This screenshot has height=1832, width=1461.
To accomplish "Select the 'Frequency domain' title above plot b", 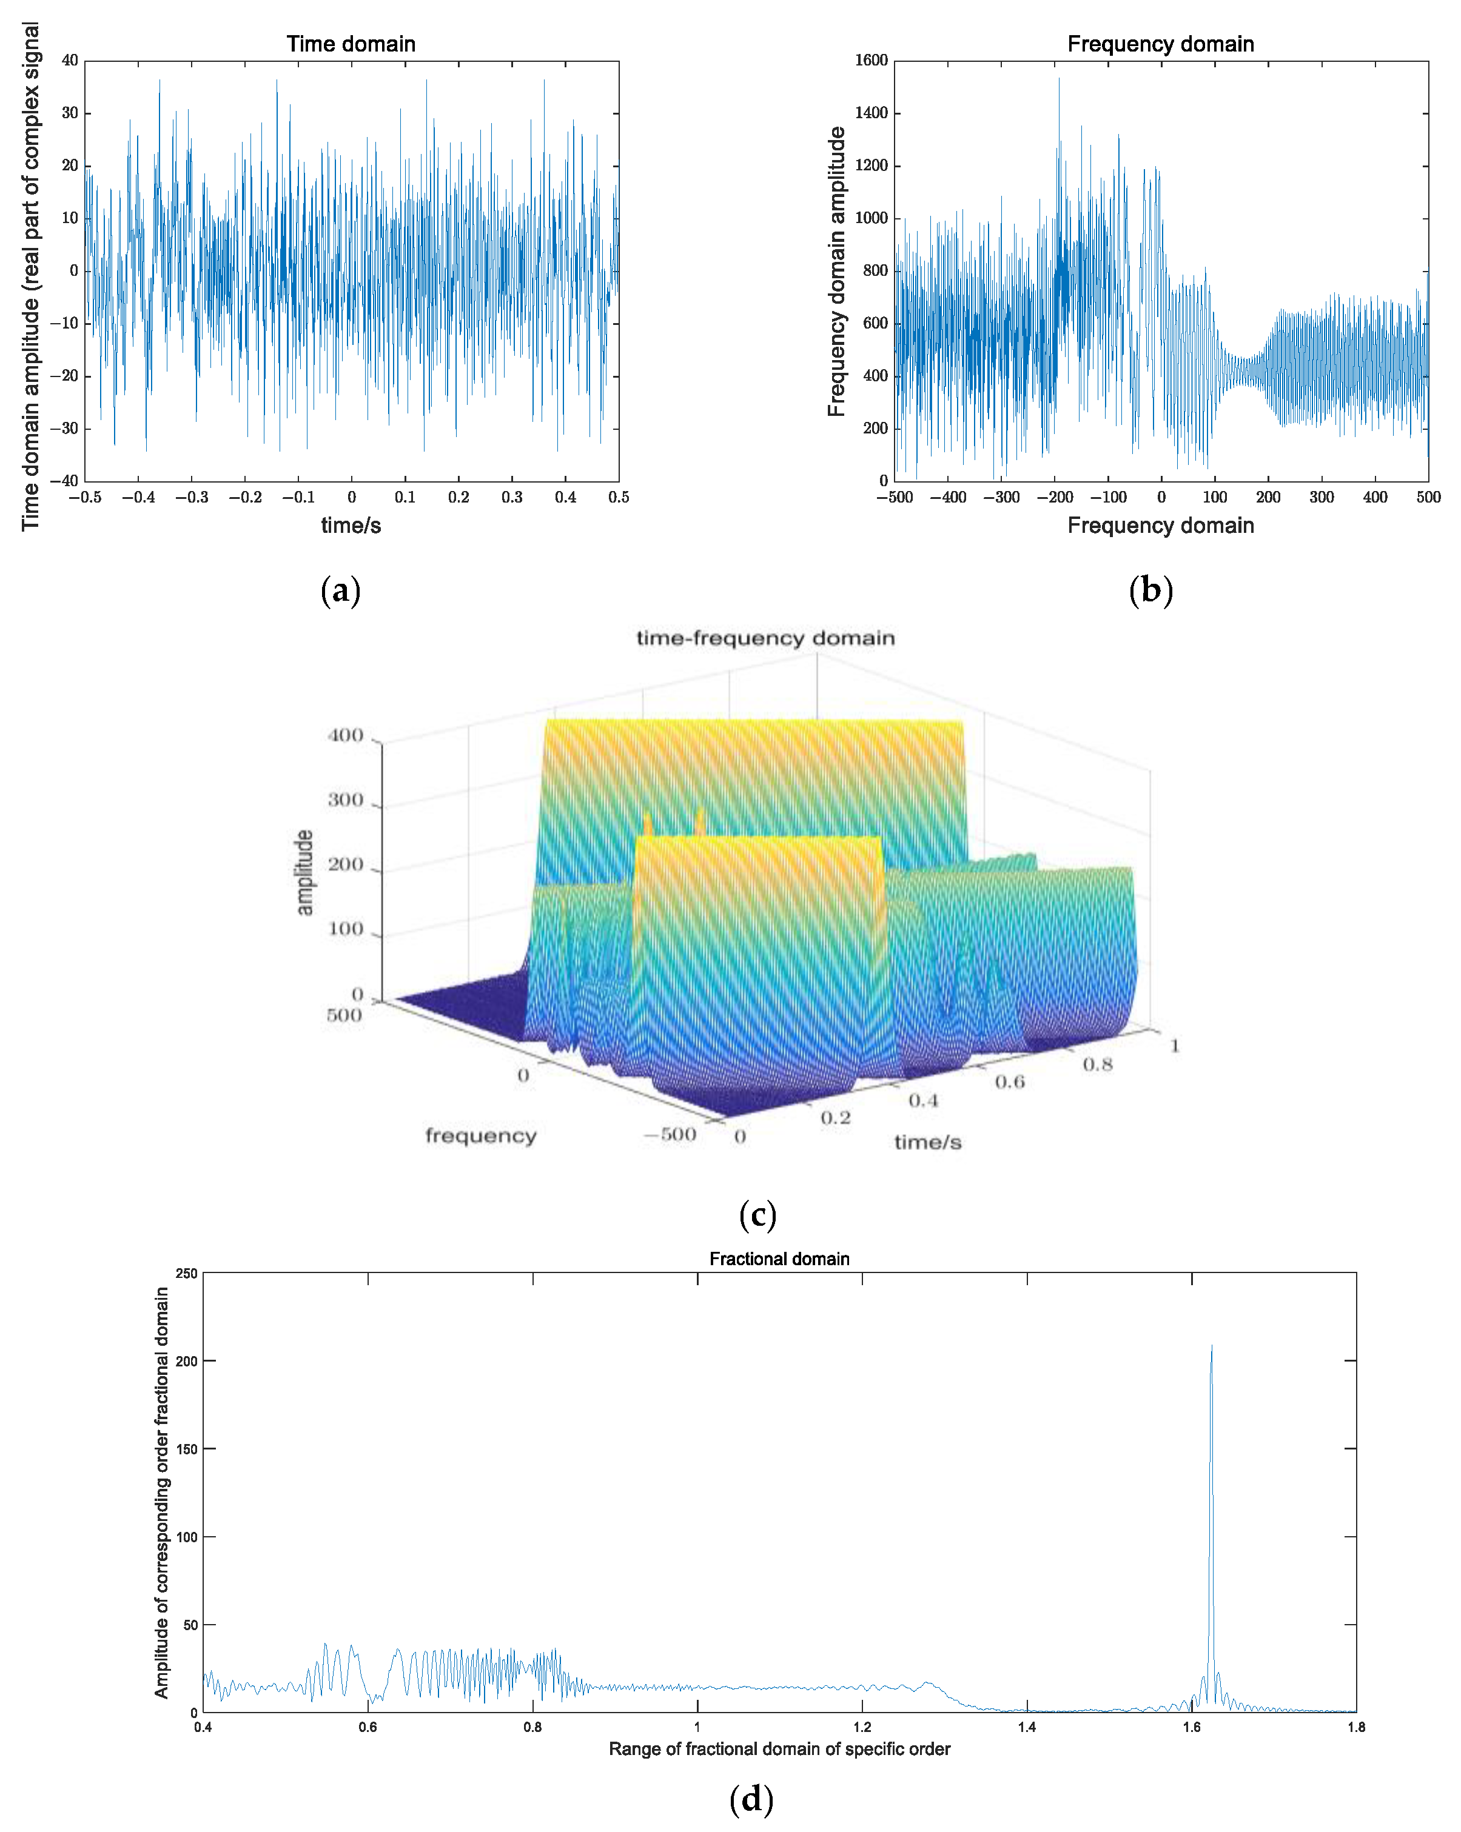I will [x=1160, y=44].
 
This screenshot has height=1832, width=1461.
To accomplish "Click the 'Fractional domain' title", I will [x=779, y=1259].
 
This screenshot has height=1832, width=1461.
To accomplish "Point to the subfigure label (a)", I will [x=341, y=590].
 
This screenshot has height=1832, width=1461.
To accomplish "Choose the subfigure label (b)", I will [x=1150, y=590].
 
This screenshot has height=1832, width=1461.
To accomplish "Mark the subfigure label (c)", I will [x=757, y=1214].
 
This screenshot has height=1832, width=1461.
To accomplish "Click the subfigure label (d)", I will [x=751, y=1799].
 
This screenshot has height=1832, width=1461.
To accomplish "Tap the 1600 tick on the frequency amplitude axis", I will [x=870, y=61].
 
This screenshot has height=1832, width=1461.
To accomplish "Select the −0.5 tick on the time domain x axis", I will [x=84, y=497].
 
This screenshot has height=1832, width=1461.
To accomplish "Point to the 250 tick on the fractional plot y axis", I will [x=186, y=1274].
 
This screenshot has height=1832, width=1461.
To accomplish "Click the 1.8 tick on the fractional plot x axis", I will [x=1355, y=1727].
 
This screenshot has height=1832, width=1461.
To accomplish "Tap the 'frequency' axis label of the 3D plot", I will [x=480, y=1135].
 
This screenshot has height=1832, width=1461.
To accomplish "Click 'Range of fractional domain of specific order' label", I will [x=779, y=1749].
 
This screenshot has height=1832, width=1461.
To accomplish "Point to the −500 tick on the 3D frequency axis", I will [x=670, y=1134].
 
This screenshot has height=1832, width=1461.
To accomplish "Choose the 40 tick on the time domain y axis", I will [x=70, y=61].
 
